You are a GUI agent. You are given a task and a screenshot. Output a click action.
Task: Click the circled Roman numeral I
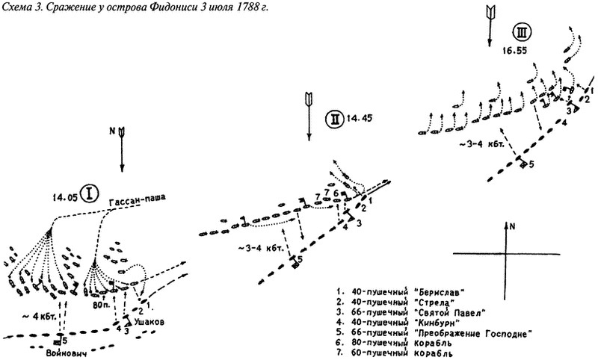90,193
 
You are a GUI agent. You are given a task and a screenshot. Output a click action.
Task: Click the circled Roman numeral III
522,32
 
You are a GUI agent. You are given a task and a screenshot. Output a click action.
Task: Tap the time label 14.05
66,196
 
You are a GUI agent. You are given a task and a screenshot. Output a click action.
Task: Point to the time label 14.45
359,118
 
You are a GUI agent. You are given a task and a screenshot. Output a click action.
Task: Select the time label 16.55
514,50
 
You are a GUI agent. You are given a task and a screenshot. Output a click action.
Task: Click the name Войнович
67,353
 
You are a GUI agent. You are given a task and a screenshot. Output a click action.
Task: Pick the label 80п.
99,305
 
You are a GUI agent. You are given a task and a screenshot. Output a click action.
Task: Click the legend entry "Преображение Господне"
472,334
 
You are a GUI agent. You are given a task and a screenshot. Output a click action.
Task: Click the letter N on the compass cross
512,226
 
